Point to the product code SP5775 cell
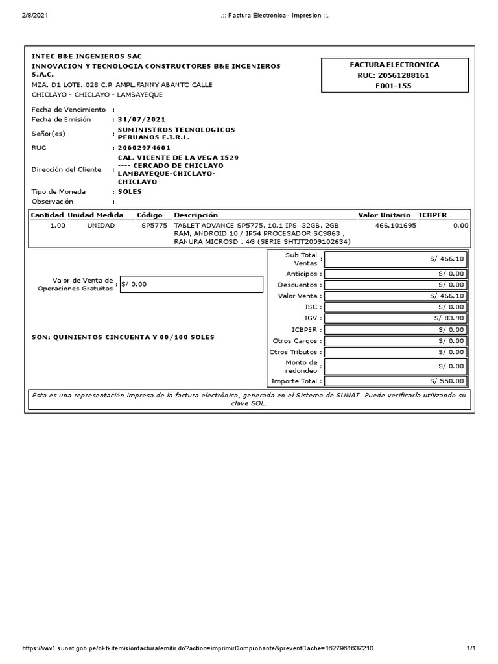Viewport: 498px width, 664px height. [154, 226]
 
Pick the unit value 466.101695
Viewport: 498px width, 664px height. [396, 226]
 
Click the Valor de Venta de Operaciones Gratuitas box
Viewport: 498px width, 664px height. [191, 284]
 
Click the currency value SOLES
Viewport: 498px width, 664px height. [130, 192]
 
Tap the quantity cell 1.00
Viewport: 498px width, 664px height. [57, 226]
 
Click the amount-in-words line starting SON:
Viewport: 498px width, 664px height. [123, 337]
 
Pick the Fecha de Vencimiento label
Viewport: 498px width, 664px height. [68, 110]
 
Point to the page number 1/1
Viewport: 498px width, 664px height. [471, 648]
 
